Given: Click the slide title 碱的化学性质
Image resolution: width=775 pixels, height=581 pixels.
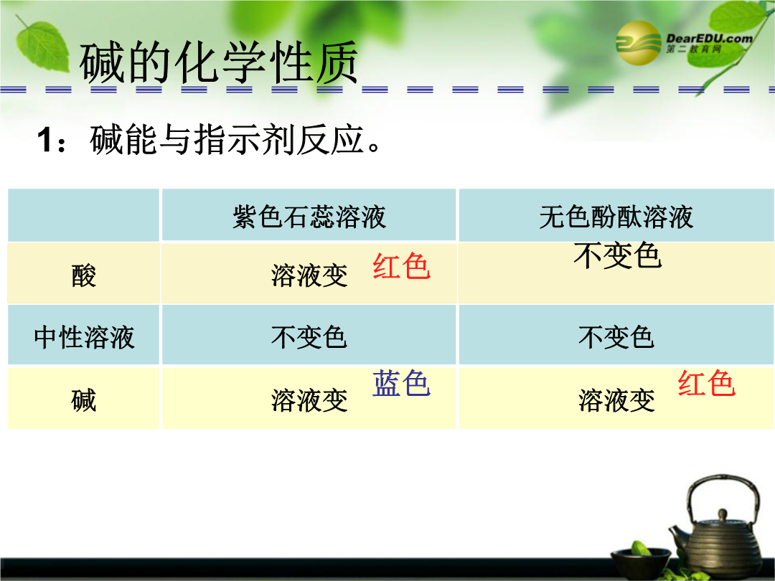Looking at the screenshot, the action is pyautogui.click(x=218, y=62).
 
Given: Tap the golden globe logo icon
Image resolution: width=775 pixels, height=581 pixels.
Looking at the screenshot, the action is pyautogui.click(x=638, y=44).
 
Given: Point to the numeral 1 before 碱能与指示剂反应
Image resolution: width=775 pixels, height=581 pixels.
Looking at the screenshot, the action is pyautogui.click(x=45, y=140).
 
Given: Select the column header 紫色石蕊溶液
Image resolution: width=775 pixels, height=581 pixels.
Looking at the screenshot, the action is pyautogui.click(x=309, y=217).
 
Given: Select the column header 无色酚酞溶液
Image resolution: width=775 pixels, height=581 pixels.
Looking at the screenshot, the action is pyautogui.click(x=616, y=217).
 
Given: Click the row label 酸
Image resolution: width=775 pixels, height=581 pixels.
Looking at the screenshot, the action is pyautogui.click(x=83, y=275).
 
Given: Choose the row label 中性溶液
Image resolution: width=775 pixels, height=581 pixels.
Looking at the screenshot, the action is pyautogui.click(x=84, y=337).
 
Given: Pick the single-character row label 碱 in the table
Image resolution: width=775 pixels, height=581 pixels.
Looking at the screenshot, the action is pyautogui.click(x=83, y=400).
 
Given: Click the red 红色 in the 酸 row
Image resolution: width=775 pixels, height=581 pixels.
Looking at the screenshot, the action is pyautogui.click(x=401, y=266).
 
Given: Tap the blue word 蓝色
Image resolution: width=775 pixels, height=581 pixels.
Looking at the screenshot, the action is pyautogui.click(x=401, y=383).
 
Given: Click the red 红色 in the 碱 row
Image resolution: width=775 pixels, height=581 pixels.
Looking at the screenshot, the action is pyautogui.click(x=706, y=383).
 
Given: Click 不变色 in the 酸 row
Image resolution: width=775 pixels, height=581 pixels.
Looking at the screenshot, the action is pyautogui.click(x=617, y=255).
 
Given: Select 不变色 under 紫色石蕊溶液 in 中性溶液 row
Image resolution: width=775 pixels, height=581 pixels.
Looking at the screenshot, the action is pyautogui.click(x=309, y=337).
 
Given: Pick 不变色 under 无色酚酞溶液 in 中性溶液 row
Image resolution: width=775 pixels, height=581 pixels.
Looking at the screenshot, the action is pyautogui.click(x=616, y=337).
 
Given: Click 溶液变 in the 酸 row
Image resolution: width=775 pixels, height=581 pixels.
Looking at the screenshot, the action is pyautogui.click(x=309, y=275).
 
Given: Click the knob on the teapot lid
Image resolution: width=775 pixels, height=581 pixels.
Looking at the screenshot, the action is pyautogui.click(x=723, y=515).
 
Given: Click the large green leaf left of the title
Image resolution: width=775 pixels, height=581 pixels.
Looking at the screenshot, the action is pyautogui.click(x=43, y=47).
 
